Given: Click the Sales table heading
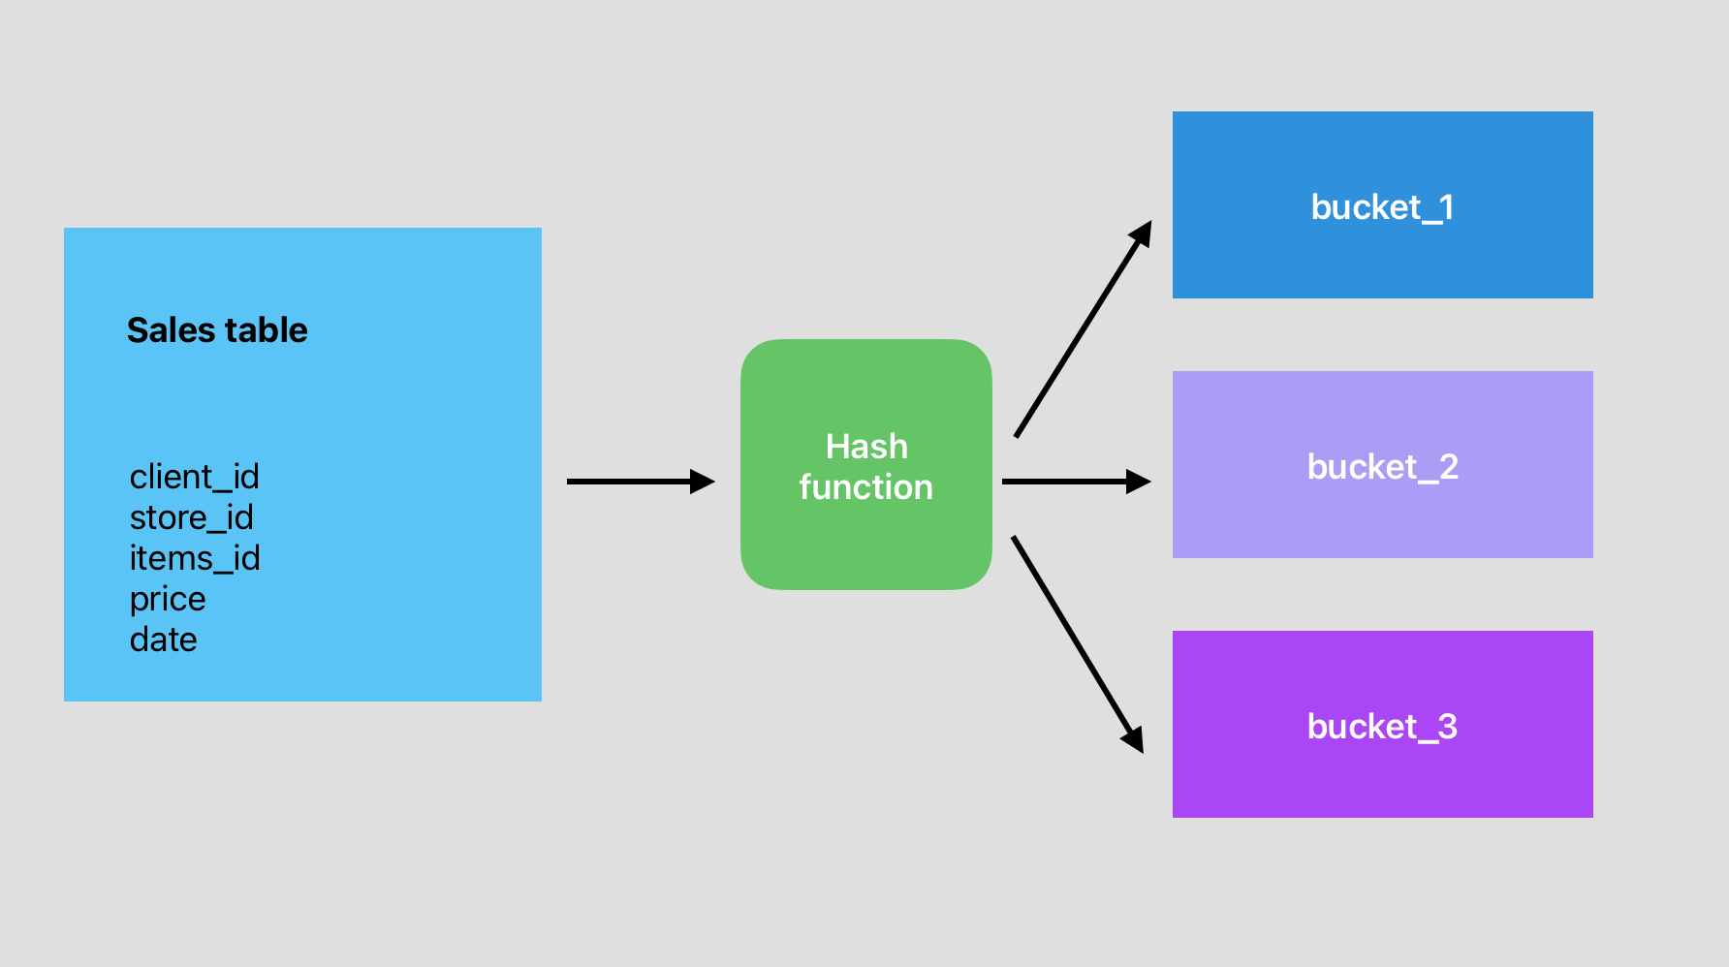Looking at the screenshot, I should tap(217, 330).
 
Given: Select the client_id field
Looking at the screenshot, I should tap(194, 477).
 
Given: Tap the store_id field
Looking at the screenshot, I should tap(191, 517).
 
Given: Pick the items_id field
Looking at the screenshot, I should tap(194, 558).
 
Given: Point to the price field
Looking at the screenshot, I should tap(168, 599).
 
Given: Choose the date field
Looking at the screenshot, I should tap(163, 639).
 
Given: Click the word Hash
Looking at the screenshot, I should tap(866, 447).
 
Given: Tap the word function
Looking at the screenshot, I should tap(865, 487).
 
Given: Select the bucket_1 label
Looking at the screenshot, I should tap(1382, 207).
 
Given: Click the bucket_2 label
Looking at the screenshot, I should tap(1382, 467).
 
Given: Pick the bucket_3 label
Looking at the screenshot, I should tap(1382, 727).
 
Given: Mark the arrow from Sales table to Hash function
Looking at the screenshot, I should tap(630, 482).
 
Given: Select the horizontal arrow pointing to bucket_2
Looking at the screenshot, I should tap(1066, 482).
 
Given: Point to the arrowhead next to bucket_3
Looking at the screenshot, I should tap(1134, 739).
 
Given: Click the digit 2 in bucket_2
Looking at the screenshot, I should tap(1448, 467).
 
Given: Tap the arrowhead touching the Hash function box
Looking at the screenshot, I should tap(703, 482).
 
